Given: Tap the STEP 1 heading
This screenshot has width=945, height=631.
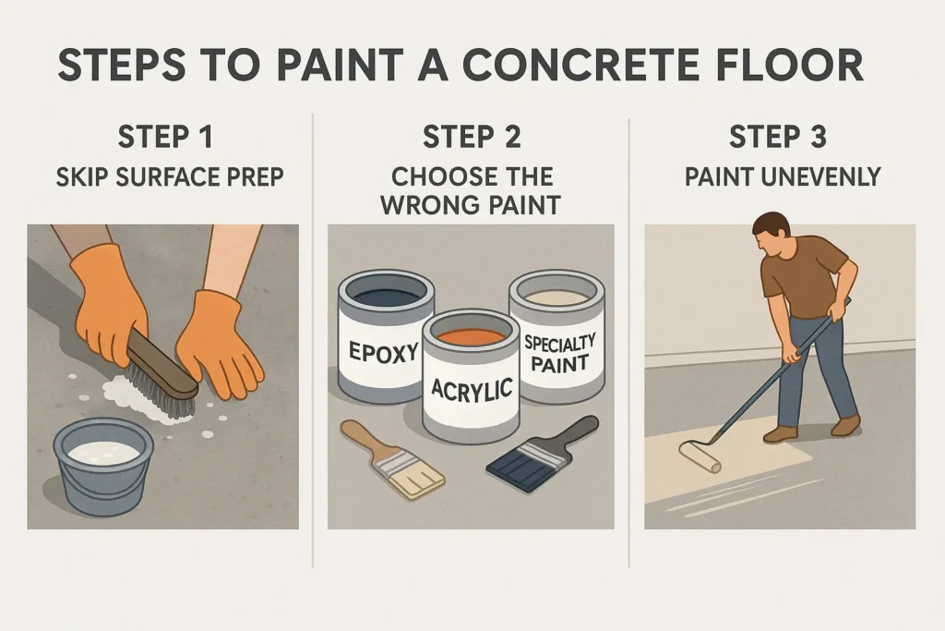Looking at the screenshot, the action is coord(165,137).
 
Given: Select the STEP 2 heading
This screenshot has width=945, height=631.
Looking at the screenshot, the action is coord(472,137).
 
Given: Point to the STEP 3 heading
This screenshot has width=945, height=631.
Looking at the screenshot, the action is coord(777,137).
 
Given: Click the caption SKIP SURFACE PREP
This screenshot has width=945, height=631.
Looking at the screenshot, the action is coord(170,177).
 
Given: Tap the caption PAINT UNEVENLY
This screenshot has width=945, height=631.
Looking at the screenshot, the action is coord(783,176).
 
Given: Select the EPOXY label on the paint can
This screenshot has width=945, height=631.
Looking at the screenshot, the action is coord(383,352).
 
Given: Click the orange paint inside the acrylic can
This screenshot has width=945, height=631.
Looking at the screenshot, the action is coord(471,334).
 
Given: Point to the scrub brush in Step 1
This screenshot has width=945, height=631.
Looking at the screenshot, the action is coord(162,374).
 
